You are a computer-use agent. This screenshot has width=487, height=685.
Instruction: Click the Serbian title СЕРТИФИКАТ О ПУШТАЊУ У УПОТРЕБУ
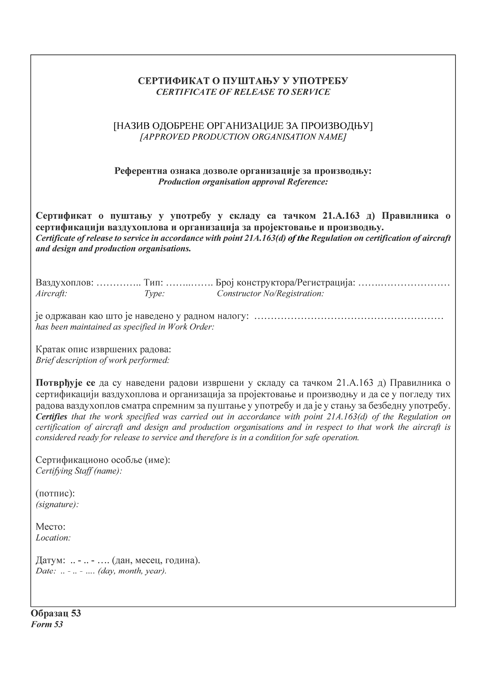click(243, 81)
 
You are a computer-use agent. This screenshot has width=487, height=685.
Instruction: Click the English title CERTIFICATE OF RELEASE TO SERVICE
click(243, 92)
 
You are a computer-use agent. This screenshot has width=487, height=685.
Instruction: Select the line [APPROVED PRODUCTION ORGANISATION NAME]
click(243, 137)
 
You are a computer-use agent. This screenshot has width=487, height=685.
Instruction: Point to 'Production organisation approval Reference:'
click(243, 182)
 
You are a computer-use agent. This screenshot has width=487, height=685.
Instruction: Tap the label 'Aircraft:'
click(51, 294)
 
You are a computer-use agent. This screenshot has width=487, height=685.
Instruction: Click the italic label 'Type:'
click(155, 294)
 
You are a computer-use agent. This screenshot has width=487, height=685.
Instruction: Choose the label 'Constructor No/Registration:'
click(270, 294)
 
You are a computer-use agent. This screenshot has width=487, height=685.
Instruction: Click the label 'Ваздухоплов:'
click(64, 283)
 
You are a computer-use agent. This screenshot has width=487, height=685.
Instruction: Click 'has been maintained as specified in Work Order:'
click(125, 327)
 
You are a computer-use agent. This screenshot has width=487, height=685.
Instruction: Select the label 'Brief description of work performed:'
click(103, 360)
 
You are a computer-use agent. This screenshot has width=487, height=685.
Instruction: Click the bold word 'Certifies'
click(52, 417)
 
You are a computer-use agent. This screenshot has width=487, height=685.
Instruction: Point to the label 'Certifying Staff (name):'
click(79, 471)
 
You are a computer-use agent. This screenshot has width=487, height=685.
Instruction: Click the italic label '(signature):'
click(57, 505)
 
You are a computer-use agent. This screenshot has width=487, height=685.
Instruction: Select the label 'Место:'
click(50, 527)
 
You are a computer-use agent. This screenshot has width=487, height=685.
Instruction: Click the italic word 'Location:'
click(53, 538)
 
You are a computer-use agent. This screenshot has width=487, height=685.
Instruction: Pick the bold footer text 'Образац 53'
click(56, 613)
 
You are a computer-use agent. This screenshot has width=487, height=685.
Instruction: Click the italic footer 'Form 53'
click(47, 625)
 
